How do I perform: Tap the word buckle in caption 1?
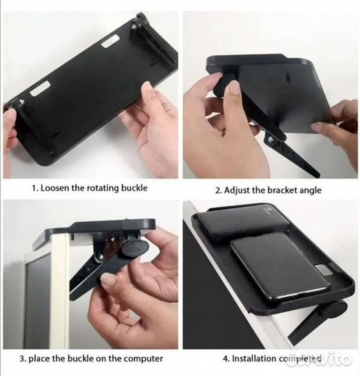point(134,187)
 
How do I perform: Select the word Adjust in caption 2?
point(237,190)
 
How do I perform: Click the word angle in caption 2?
point(308,191)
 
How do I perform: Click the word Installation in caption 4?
point(254,359)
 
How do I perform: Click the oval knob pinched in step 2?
point(223,85)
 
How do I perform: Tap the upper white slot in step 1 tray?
point(110,41)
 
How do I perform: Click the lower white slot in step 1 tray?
point(40,89)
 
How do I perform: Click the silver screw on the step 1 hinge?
point(22,102)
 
